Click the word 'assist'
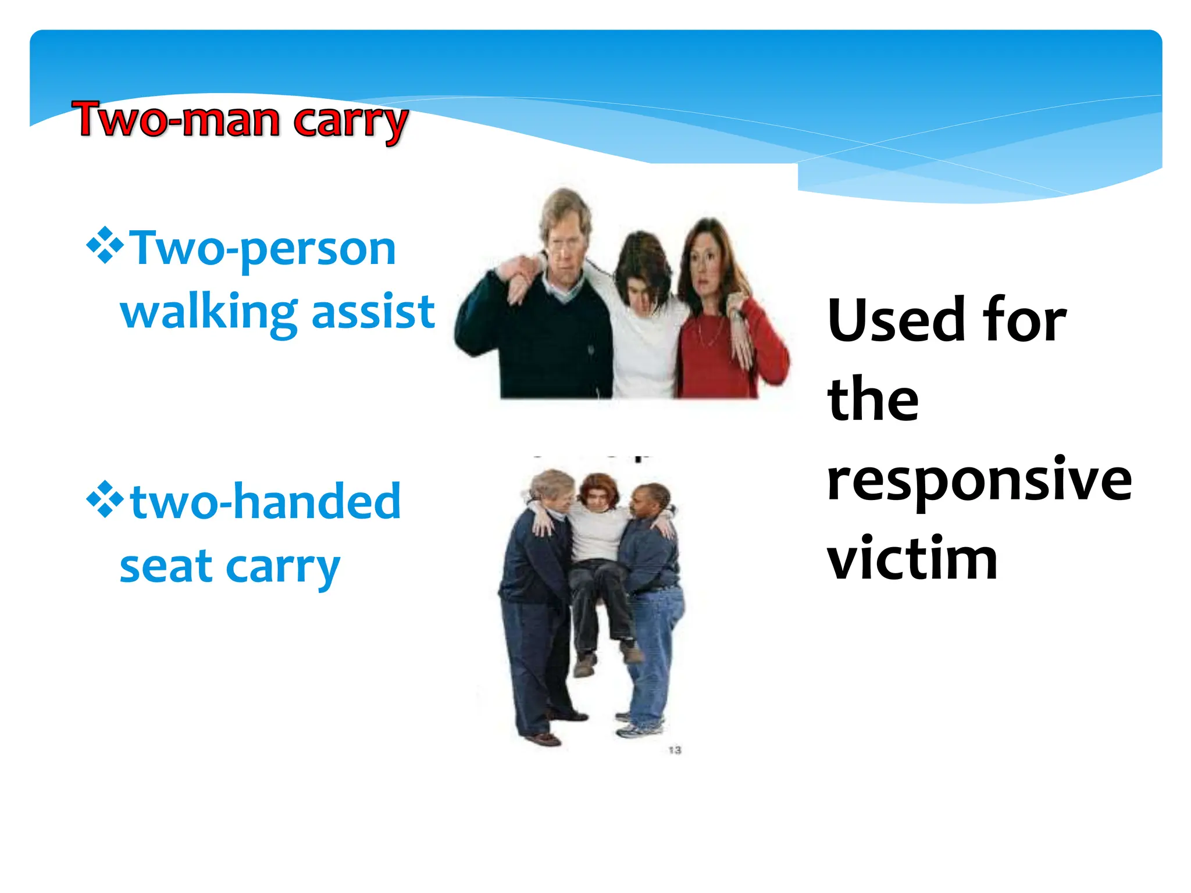click(x=373, y=312)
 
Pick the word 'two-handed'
click(x=265, y=501)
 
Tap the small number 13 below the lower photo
click(x=675, y=750)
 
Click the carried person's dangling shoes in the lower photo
click(x=608, y=660)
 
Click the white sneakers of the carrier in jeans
click(x=640, y=727)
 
